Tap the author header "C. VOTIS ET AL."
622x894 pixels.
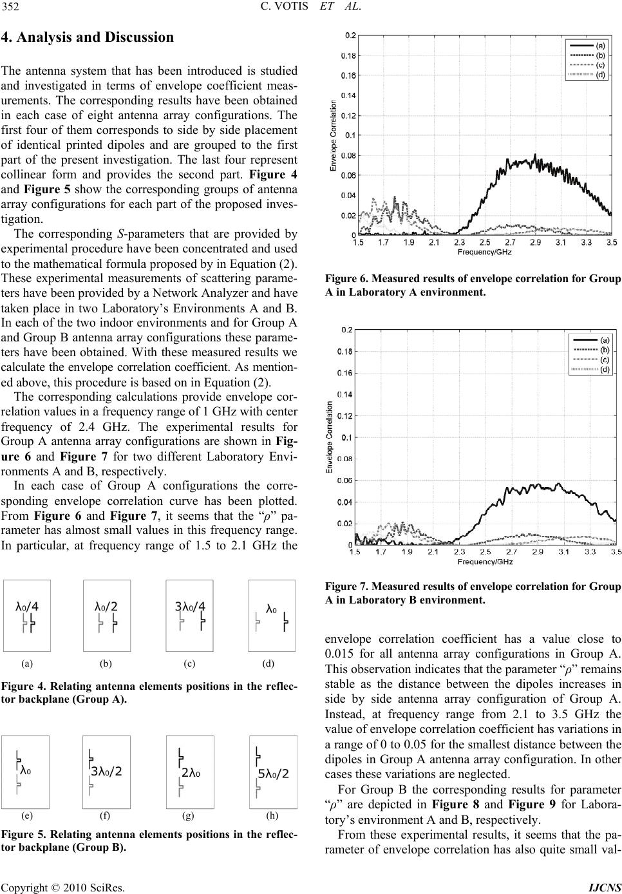[x=310, y=8]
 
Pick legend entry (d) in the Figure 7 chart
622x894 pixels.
[x=605, y=370]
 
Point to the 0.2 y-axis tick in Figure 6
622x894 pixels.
[x=350, y=35]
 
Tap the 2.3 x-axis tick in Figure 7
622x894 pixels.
[x=459, y=552]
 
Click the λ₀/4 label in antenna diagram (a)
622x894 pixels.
[x=27, y=606]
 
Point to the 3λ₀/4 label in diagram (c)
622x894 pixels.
[x=190, y=606]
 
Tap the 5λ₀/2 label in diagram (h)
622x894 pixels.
[x=273, y=792]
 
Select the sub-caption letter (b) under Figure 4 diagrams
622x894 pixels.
[x=106, y=663]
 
